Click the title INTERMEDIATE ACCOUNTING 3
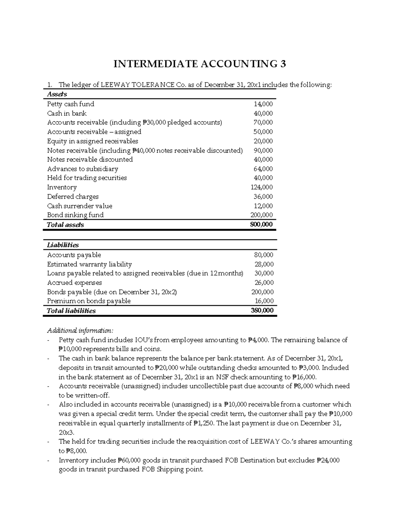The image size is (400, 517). pos(200,64)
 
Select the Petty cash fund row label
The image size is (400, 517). pos(71,104)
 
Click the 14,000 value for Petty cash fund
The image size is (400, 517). pos(263,104)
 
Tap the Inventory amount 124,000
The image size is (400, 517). pos(261,187)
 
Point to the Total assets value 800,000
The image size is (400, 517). pos(261,224)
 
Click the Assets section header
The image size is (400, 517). pos(57,94)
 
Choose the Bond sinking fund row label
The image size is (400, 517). pos(75,215)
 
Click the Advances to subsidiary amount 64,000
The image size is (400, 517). pos(263,169)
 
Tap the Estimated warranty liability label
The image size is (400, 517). pos(89,264)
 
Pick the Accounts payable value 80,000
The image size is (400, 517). pos(263,255)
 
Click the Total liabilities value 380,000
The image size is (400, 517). pos(262,311)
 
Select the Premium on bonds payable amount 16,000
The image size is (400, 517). pos(263,301)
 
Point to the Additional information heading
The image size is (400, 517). pos(80,331)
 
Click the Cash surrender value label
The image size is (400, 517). pos(80,206)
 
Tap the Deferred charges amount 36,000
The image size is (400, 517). pos(263,197)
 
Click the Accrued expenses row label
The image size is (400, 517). pos(74,283)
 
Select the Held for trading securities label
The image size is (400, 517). pos(87,178)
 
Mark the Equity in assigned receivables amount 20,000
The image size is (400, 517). pos(263,141)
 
